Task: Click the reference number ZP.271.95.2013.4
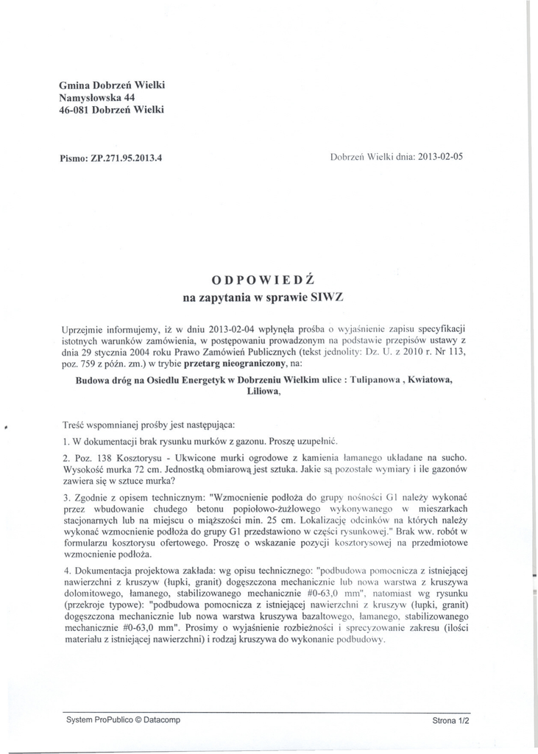tap(126, 157)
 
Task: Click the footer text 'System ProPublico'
tap(99, 720)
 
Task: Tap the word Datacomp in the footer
tap(160, 720)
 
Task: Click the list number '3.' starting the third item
tap(67, 497)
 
